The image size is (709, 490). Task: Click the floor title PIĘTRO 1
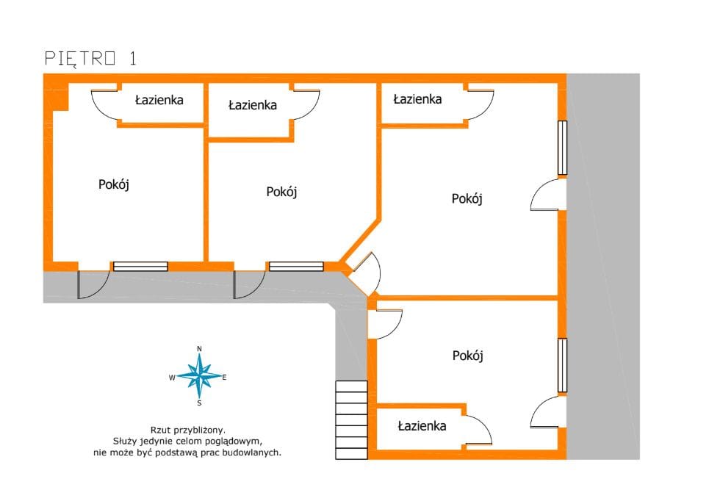[90, 59]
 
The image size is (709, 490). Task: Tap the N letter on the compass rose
[199, 349]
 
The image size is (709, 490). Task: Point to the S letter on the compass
[199, 403]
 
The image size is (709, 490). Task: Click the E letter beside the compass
[224, 378]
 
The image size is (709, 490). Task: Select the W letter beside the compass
[172, 378]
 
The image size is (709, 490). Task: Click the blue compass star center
[199, 376]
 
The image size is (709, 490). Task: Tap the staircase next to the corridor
[351, 420]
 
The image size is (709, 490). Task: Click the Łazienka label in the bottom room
[422, 426]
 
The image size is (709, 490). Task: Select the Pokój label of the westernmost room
[114, 184]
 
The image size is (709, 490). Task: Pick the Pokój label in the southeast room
[468, 356]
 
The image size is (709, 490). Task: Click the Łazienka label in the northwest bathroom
[159, 100]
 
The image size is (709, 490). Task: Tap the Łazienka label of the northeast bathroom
[417, 99]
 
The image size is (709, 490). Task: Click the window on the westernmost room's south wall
[140, 266]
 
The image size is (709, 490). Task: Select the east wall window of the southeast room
[562, 365]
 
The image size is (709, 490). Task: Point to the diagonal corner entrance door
[365, 273]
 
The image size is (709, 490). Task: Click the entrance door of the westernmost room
[93, 284]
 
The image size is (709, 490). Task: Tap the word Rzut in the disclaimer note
[159, 430]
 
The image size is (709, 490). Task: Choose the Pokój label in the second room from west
[281, 192]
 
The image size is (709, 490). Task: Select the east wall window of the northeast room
[562, 148]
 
